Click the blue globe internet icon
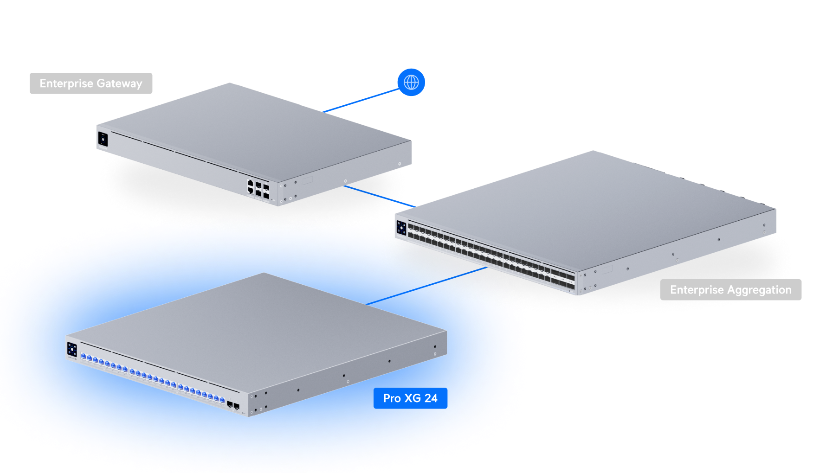pos(411,83)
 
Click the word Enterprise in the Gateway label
pos(66,83)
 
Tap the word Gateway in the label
pos(119,84)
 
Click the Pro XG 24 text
pos(410,398)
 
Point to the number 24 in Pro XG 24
pos(431,398)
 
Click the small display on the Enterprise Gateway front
pos(103,139)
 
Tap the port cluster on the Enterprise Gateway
pos(258,189)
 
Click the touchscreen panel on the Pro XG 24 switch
pos(72,349)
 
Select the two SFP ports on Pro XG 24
pos(233,406)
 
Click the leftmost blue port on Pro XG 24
pos(84,356)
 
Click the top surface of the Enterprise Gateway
pos(251,125)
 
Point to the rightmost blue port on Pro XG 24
pos(222,400)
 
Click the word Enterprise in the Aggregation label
pos(697,290)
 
